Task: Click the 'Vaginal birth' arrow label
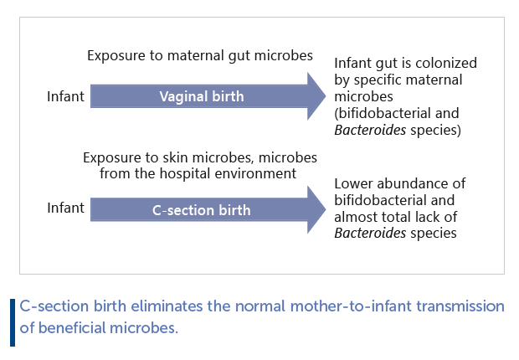202,96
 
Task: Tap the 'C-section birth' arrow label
201,209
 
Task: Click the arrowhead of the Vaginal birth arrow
316,96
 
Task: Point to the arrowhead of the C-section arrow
316,209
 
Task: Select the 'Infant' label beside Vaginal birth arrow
65,96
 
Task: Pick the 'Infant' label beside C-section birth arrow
65,208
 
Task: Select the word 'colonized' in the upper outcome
446,63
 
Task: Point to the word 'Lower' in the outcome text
353,183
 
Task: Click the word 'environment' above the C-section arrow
259,173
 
